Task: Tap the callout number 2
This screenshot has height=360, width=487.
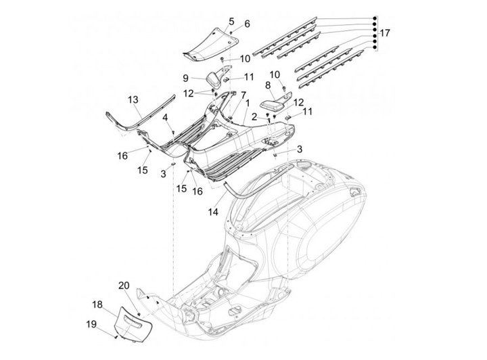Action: coord(255,117)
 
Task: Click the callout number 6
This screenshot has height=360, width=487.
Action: coord(247,24)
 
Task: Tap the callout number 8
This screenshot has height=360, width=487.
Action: coord(268,85)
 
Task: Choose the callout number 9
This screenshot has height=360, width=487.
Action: coord(184,78)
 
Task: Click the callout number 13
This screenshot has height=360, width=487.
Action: coord(133,98)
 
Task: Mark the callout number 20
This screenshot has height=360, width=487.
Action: coord(124,284)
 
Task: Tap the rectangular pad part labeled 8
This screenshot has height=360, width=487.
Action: coord(274,106)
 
